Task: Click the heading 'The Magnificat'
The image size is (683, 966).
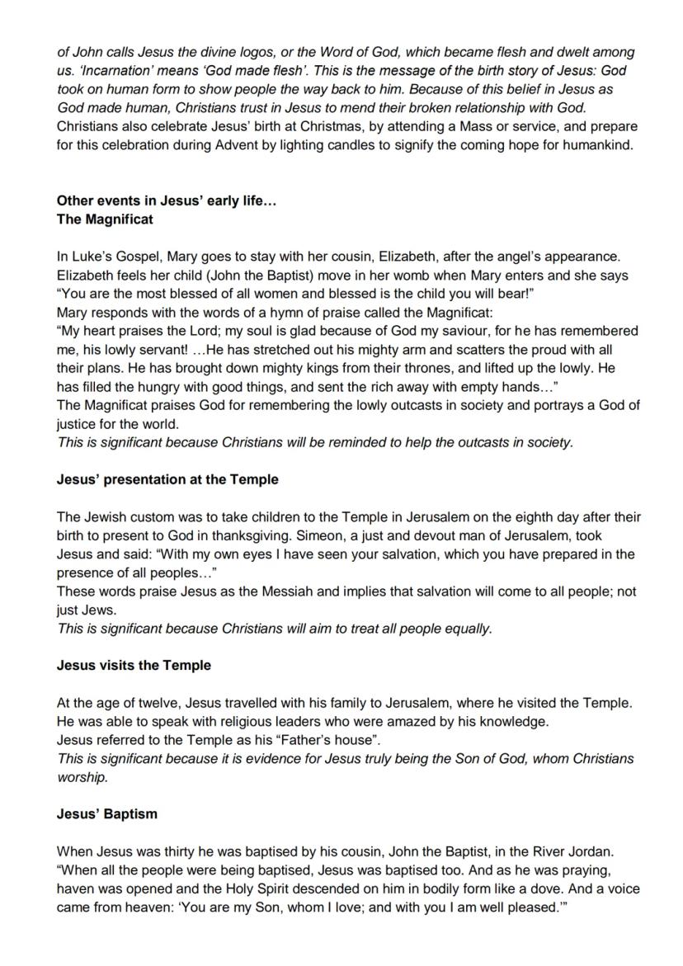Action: tap(105, 220)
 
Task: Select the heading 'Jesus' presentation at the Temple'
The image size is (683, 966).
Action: tap(167, 479)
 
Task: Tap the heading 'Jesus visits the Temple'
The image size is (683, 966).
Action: tap(134, 665)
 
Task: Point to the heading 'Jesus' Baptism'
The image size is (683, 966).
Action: tap(106, 813)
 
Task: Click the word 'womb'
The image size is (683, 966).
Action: tap(425, 276)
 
